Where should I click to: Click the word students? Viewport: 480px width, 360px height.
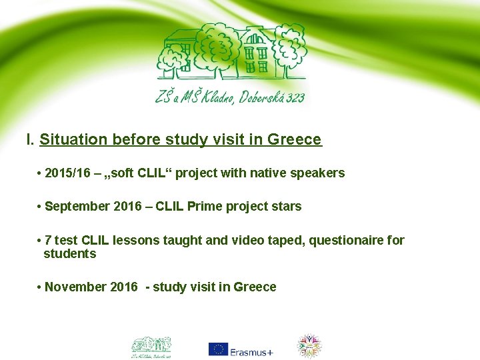70,254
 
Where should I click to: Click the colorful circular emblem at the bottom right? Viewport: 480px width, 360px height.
309,346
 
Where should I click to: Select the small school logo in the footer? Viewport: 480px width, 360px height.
151,345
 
